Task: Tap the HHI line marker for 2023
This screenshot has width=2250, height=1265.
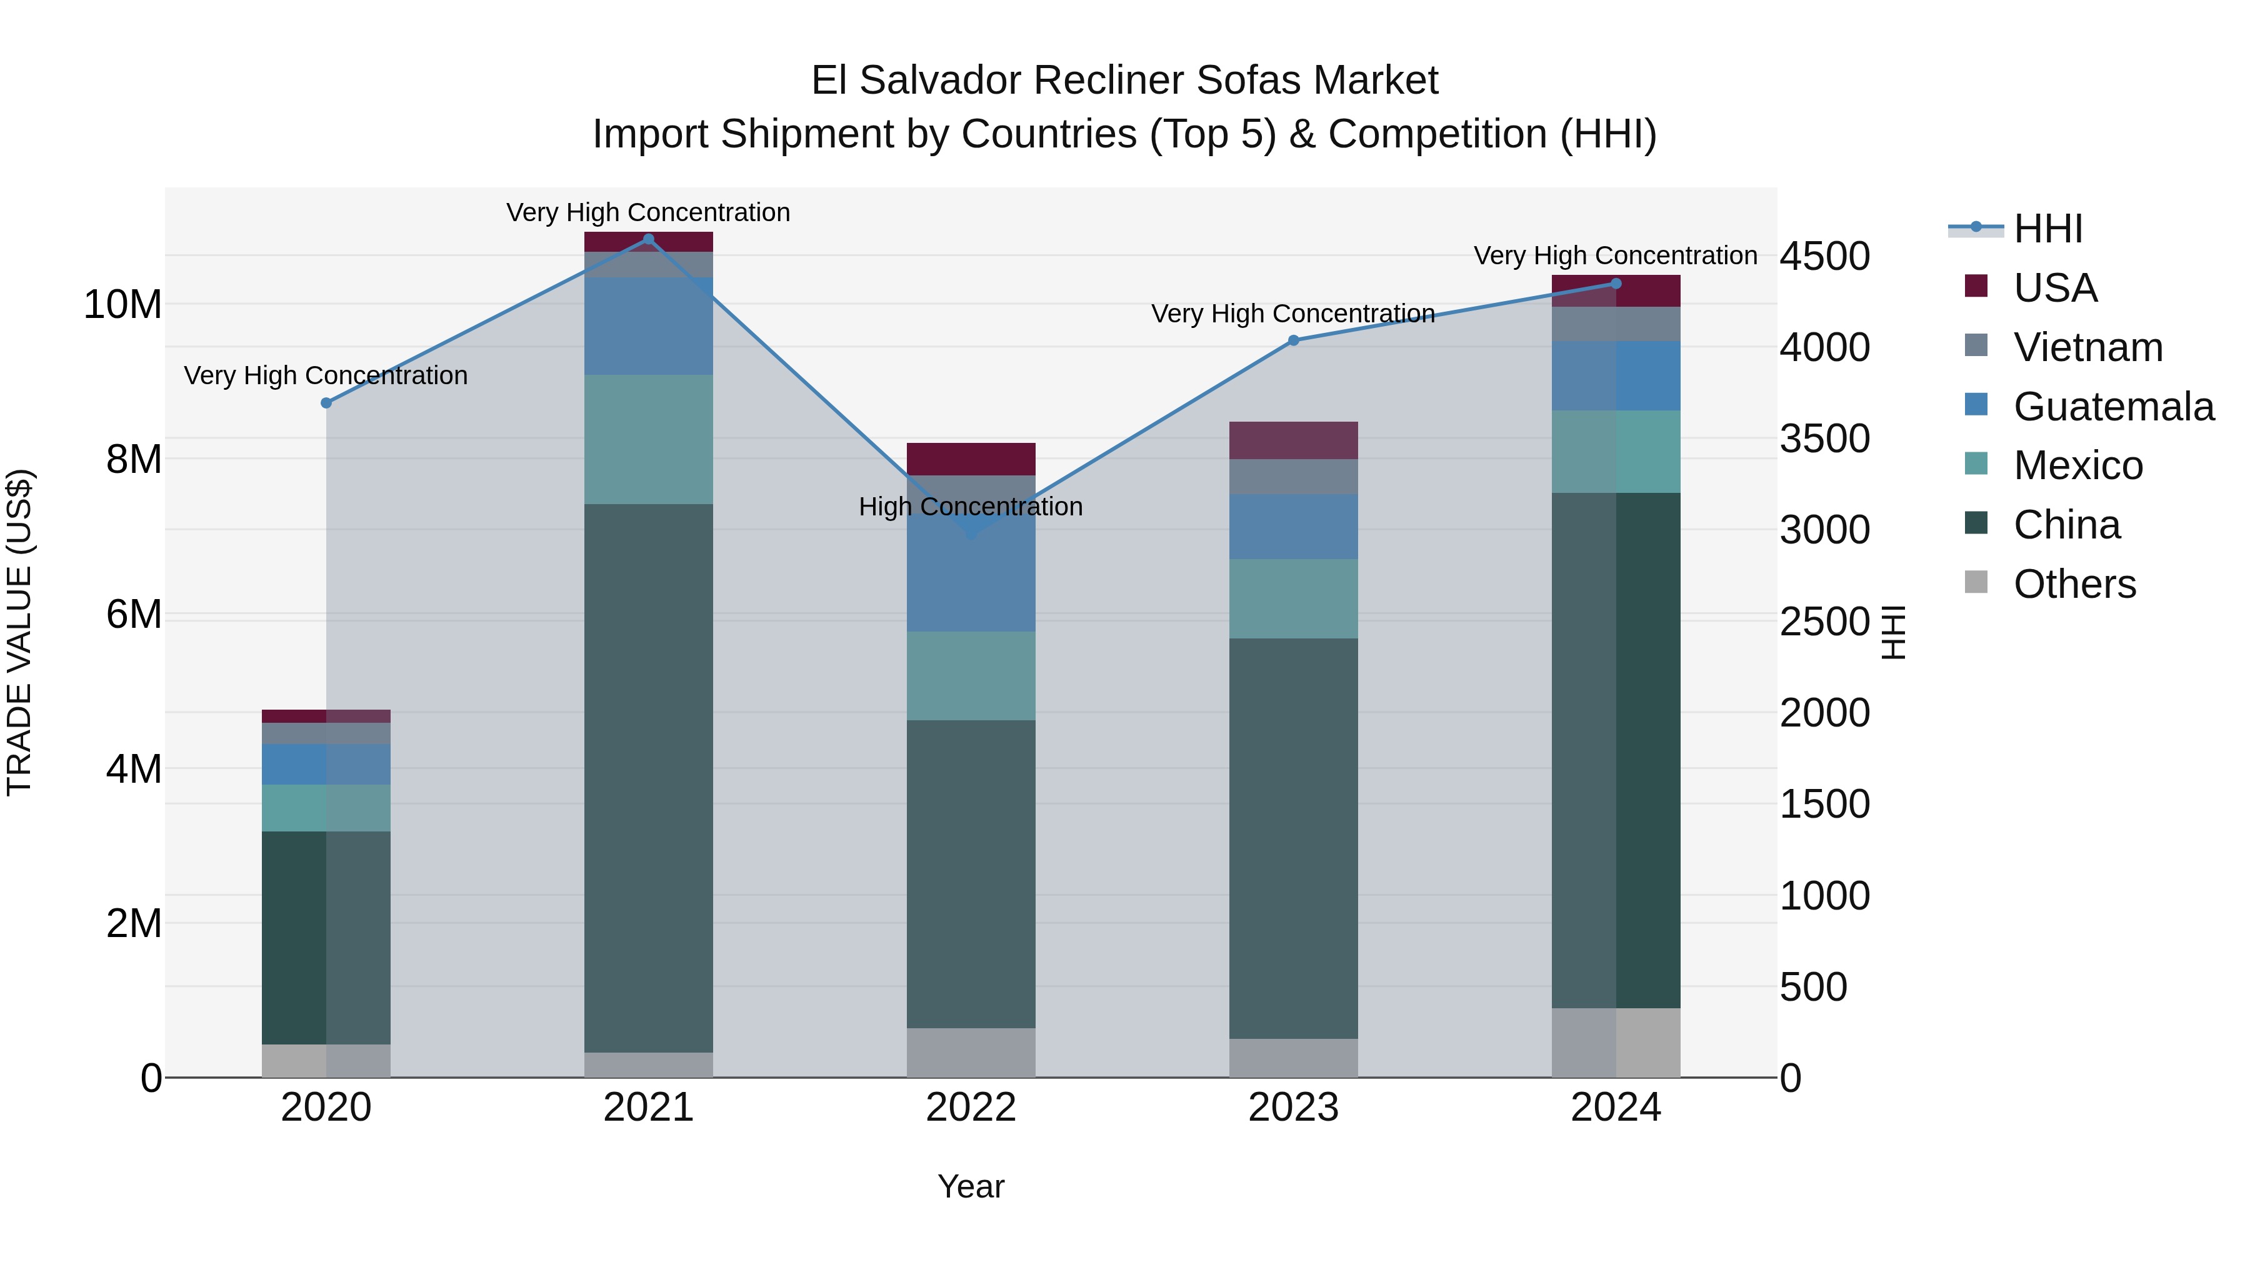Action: [1294, 340]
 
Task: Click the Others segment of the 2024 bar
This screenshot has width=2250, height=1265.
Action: [1616, 1043]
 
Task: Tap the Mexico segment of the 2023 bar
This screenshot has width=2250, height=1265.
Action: [1294, 599]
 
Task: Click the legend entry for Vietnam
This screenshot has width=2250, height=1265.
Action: [2087, 347]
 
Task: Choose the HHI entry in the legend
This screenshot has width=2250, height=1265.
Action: [2047, 229]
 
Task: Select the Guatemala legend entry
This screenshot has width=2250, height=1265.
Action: [2113, 407]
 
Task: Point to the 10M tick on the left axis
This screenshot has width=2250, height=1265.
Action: [122, 305]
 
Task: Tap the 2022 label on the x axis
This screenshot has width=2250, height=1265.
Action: [971, 1108]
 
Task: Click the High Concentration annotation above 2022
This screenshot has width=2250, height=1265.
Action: [971, 507]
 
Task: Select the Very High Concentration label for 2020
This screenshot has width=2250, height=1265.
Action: [326, 375]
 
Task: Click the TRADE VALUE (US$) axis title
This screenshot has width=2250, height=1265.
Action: [19, 632]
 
